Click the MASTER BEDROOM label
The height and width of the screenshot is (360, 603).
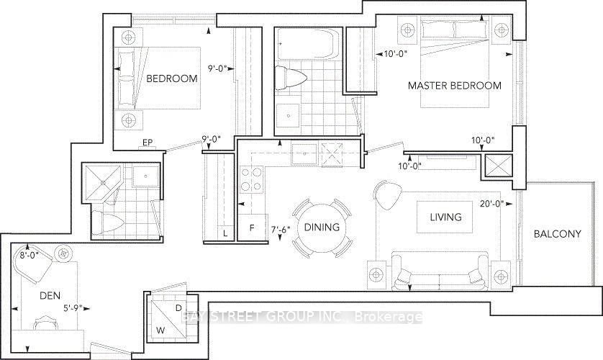[454, 86]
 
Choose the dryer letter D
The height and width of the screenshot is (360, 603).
[178, 308]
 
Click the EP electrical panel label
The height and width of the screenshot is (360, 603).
[147, 143]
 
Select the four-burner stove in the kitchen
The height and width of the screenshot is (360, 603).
[250, 179]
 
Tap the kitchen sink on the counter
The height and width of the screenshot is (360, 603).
[301, 153]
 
